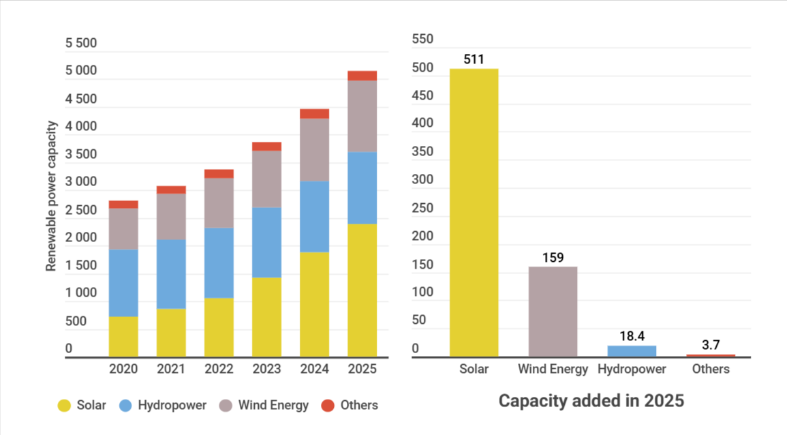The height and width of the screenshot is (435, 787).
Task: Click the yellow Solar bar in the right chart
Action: (474, 212)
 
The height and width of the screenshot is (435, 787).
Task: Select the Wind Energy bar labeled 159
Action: (553, 311)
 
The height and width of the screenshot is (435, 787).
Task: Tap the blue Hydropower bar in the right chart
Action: (632, 350)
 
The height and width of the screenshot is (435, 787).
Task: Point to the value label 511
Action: (474, 59)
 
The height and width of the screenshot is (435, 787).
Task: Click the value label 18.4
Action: (632, 336)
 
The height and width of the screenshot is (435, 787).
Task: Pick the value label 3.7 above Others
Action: (711, 345)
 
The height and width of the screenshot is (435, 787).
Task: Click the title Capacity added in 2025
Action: (591, 400)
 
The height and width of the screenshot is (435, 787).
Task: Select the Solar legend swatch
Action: (65, 406)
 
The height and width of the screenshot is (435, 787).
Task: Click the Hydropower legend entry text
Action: (172, 405)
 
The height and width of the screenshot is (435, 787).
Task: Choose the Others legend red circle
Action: (328, 406)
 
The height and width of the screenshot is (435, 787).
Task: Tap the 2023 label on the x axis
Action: (266, 369)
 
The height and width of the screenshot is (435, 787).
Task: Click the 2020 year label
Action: (123, 369)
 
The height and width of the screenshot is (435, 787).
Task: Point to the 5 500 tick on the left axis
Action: (81, 44)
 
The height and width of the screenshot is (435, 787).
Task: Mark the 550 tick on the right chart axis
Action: (423, 40)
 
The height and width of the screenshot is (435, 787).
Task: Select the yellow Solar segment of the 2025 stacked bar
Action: (362, 290)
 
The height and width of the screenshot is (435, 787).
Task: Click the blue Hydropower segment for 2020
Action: (123, 282)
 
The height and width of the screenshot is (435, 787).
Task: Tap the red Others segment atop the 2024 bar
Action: (314, 113)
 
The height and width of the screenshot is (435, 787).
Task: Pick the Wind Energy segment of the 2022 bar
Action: (219, 202)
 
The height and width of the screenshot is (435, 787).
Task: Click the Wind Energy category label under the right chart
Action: (553, 369)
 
